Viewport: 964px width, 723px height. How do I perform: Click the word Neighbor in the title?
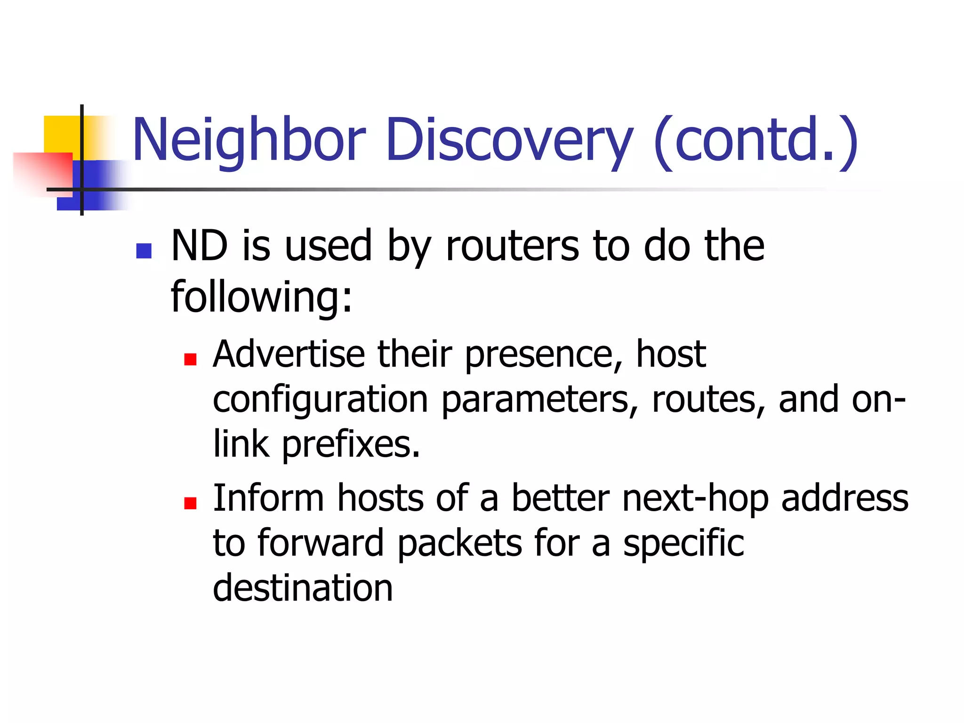coord(249,140)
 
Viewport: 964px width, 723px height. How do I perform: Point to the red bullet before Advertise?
coord(190,360)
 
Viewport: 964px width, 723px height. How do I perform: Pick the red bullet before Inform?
coord(190,503)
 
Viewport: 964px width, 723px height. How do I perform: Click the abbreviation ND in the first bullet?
coord(200,246)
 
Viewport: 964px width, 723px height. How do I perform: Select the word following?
coord(262,297)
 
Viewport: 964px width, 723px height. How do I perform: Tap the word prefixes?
coord(351,445)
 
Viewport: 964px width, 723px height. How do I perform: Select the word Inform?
coord(268,498)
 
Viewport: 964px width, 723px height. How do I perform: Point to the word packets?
coord(459,544)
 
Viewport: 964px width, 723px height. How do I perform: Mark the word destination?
coord(303,588)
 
